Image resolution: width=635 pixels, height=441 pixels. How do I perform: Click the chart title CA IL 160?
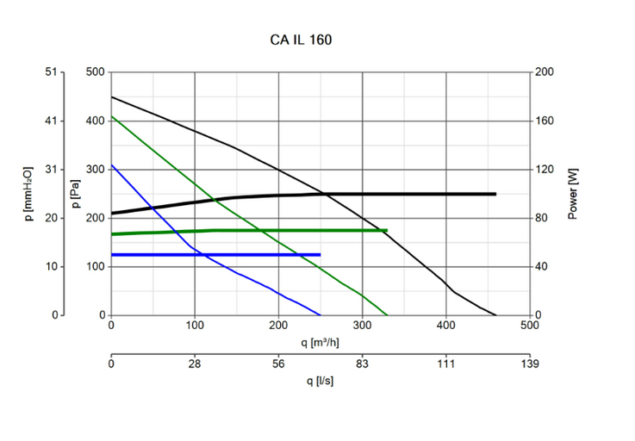[x=300, y=40]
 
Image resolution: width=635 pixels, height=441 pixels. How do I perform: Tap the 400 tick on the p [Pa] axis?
[x=96, y=121]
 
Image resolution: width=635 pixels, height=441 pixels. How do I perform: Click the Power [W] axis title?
[x=572, y=194]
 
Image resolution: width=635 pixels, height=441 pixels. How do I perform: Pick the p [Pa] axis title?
[x=76, y=194]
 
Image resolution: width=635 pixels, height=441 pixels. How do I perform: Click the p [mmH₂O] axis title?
[x=28, y=194]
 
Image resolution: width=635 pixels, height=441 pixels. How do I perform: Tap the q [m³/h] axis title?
[x=320, y=342]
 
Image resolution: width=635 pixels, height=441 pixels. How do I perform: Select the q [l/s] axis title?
[x=320, y=381]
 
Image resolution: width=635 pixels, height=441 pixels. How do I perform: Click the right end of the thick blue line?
[x=321, y=255]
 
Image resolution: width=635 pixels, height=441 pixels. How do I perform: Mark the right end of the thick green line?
[x=387, y=231]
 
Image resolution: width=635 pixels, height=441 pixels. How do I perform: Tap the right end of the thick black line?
[x=495, y=194]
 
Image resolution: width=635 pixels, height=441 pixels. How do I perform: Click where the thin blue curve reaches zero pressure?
[x=320, y=315]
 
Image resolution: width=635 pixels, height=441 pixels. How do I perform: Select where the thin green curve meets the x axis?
[x=387, y=315]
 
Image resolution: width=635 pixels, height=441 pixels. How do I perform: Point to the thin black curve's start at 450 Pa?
[x=111, y=96]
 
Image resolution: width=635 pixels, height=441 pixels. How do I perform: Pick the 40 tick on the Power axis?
[x=542, y=266]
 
